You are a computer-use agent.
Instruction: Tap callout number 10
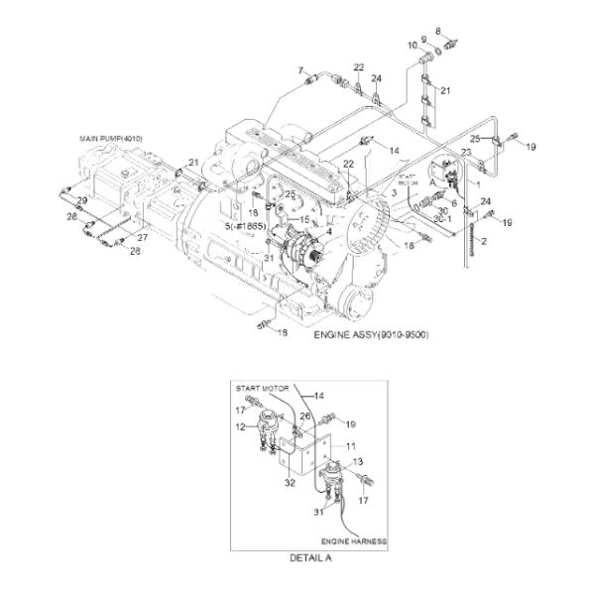pyautogui.click(x=411, y=46)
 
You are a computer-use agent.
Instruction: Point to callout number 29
pyautogui.click(x=82, y=200)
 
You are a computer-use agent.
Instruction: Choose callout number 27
pyautogui.click(x=141, y=238)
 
